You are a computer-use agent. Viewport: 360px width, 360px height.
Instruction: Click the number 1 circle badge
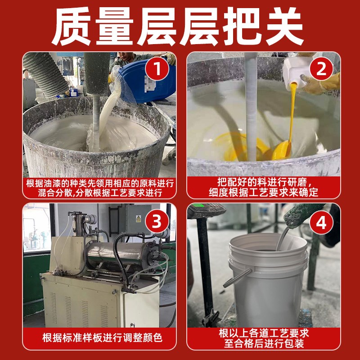(157, 70)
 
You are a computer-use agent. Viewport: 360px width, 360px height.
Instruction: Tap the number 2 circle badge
(321, 70)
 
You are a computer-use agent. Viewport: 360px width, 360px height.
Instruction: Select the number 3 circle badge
(157, 221)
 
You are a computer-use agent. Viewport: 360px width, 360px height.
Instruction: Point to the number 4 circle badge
(321, 221)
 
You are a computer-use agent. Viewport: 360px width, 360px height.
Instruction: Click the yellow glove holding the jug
(322, 85)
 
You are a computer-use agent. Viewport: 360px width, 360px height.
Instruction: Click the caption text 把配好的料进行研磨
(264, 183)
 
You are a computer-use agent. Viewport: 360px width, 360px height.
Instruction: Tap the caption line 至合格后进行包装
(264, 344)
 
